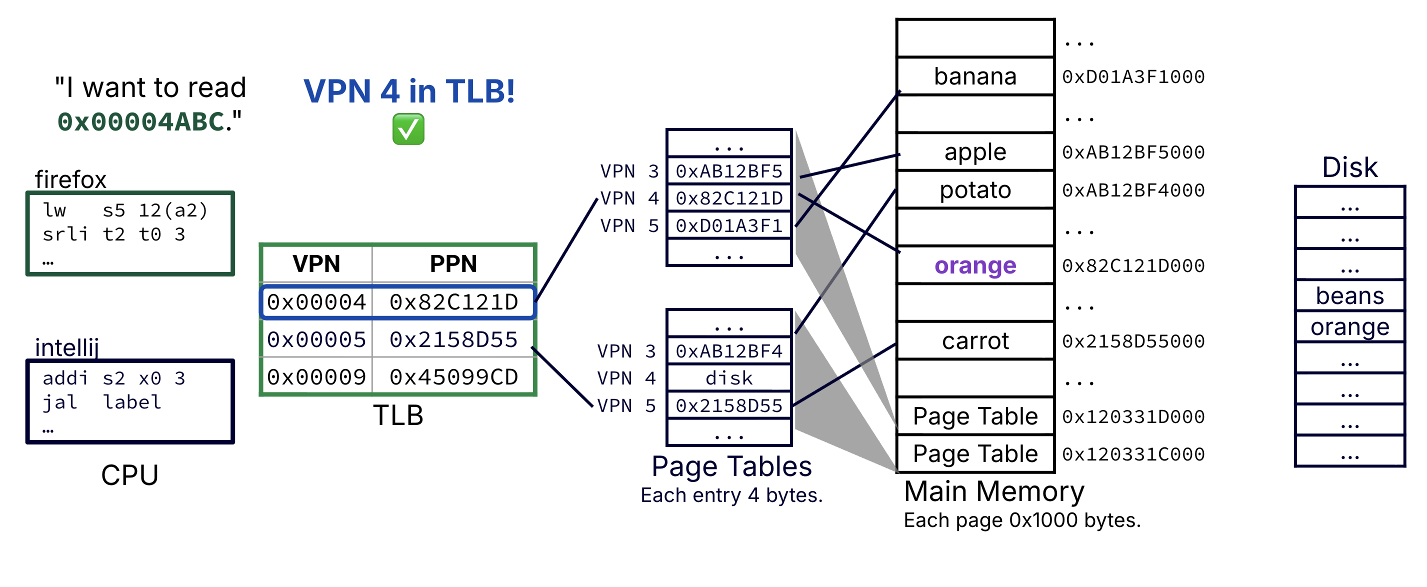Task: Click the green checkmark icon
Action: [x=408, y=129]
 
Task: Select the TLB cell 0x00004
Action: [x=316, y=302]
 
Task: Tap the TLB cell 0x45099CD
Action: [x=453, y=377]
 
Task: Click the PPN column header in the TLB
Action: [x=453, y=263]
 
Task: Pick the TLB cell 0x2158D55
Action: [x=453, y=339]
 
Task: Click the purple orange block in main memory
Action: [x=975, y=265]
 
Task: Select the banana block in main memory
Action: [x=975, y=76]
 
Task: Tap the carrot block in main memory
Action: [x=975, y=340]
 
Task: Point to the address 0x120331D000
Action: [x=1133, y=416]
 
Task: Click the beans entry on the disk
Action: [x=1349, y=295]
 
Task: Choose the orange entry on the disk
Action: [x=1349, y=326]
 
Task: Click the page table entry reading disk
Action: [x=728, y=378]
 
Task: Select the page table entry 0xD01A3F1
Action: [x=728, y=226]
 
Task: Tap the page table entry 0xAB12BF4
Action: [x=728, y=351]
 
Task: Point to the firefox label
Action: [x=70, y=179]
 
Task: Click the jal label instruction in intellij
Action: [x=102, y=402]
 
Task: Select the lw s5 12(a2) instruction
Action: [x=125, y=210]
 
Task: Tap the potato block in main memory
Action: [x=975, y=190]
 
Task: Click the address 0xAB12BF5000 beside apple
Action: [x=1133, y=152]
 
